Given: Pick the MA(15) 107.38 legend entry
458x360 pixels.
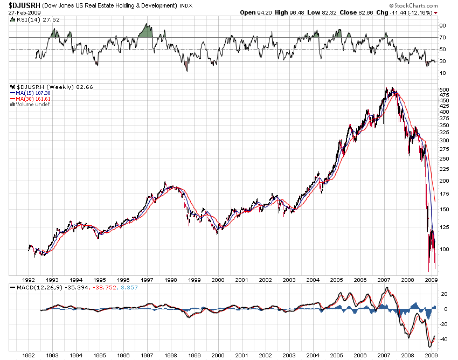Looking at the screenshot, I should tap(32, 92).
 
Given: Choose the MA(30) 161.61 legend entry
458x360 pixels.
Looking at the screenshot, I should tap(32, 98).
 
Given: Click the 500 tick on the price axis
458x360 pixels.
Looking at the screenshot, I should tap(444, 89).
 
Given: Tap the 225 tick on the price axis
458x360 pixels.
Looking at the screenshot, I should tap(444, 168).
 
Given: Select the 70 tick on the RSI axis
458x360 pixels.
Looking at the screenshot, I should tap(442, 37).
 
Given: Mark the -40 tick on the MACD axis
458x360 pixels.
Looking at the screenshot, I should tap(442, 339).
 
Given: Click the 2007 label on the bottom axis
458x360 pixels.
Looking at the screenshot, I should tap(384, 355).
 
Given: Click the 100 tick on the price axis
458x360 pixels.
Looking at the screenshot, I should tap(444, 249).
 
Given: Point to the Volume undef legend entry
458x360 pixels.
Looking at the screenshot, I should tap(31, 104).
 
